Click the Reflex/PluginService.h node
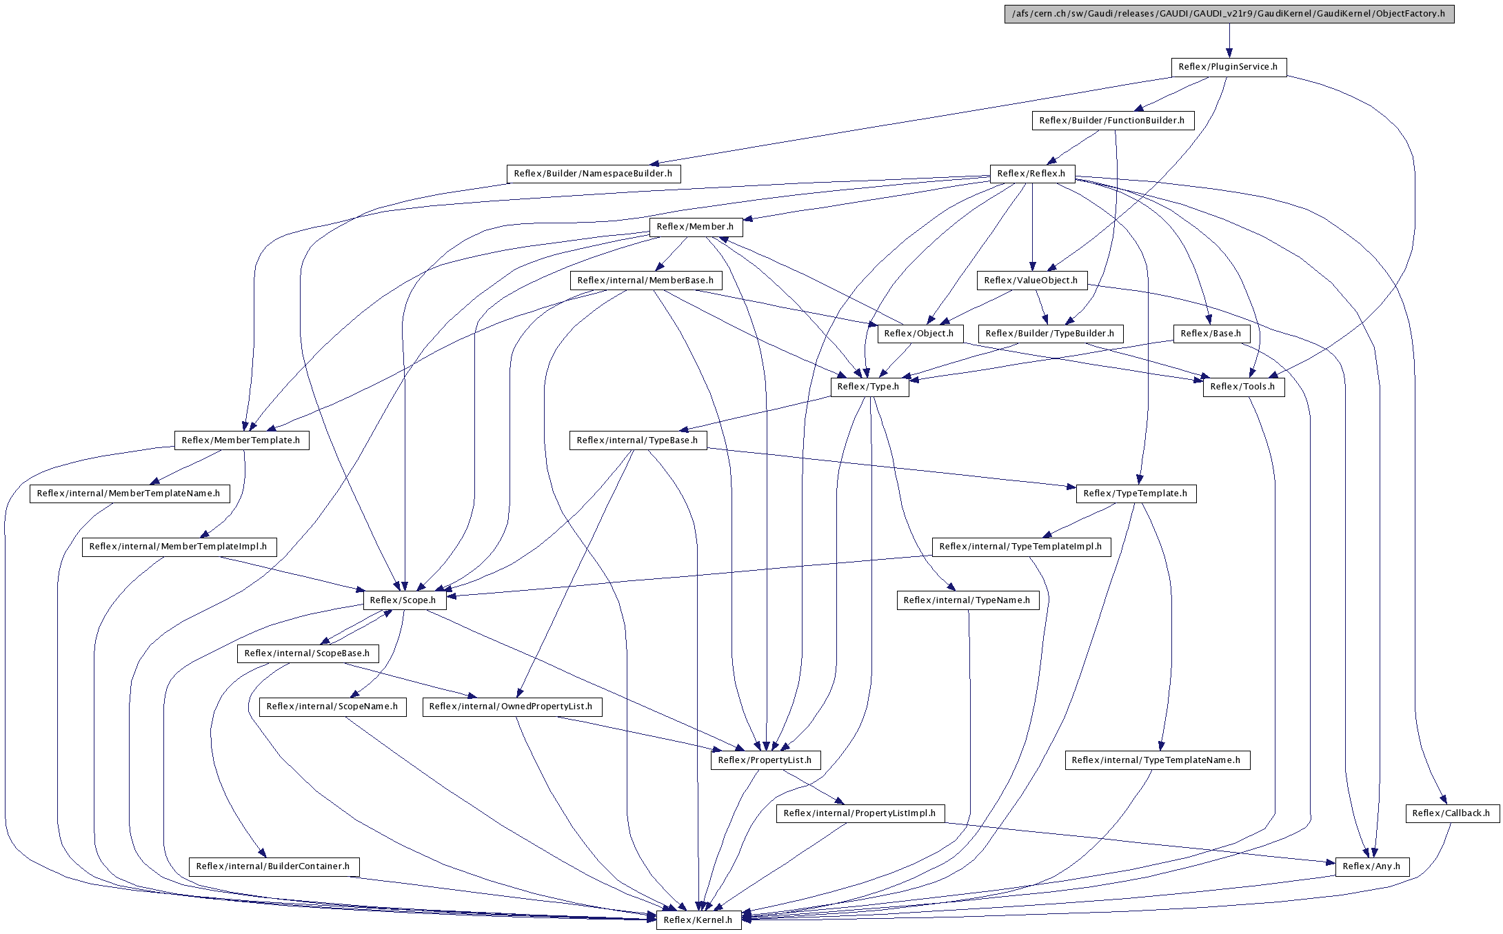pos(1229,67)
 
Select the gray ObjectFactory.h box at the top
pos(1229,14)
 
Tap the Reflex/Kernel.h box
pos(698,920)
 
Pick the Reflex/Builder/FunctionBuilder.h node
pos(1112,121)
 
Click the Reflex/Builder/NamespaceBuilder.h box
pos(593,174)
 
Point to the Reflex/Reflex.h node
pos(1032,174)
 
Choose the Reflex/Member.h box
pos(695,227)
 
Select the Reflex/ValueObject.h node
pos(1031,281)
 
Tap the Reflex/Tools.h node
pos(1243,387)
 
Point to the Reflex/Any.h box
pos(1372,866)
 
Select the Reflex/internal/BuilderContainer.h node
pos(274,866)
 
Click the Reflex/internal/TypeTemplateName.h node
pos(1157,760)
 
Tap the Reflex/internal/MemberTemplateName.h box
pos(129,494)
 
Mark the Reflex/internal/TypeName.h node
pos(967,600)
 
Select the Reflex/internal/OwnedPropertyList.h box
pos(512,707)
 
